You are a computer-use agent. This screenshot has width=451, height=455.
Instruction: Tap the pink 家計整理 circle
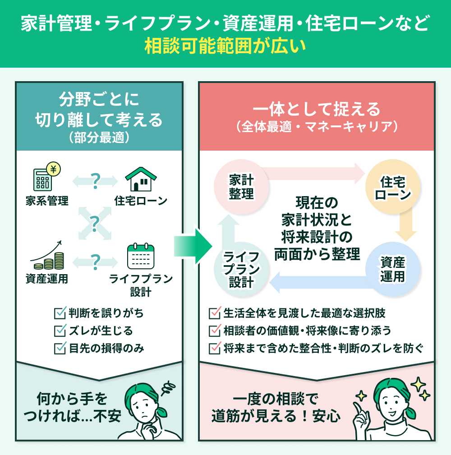(x=241, y=187)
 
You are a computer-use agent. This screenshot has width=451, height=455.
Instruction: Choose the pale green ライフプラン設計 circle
(x=242, y=269)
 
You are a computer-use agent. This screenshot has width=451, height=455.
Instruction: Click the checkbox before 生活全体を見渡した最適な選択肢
(x=214, y=313)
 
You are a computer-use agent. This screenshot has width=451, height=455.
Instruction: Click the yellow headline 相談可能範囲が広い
(x=225, y=46)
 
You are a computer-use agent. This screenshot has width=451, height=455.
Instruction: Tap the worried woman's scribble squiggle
(x=170, y=387)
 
